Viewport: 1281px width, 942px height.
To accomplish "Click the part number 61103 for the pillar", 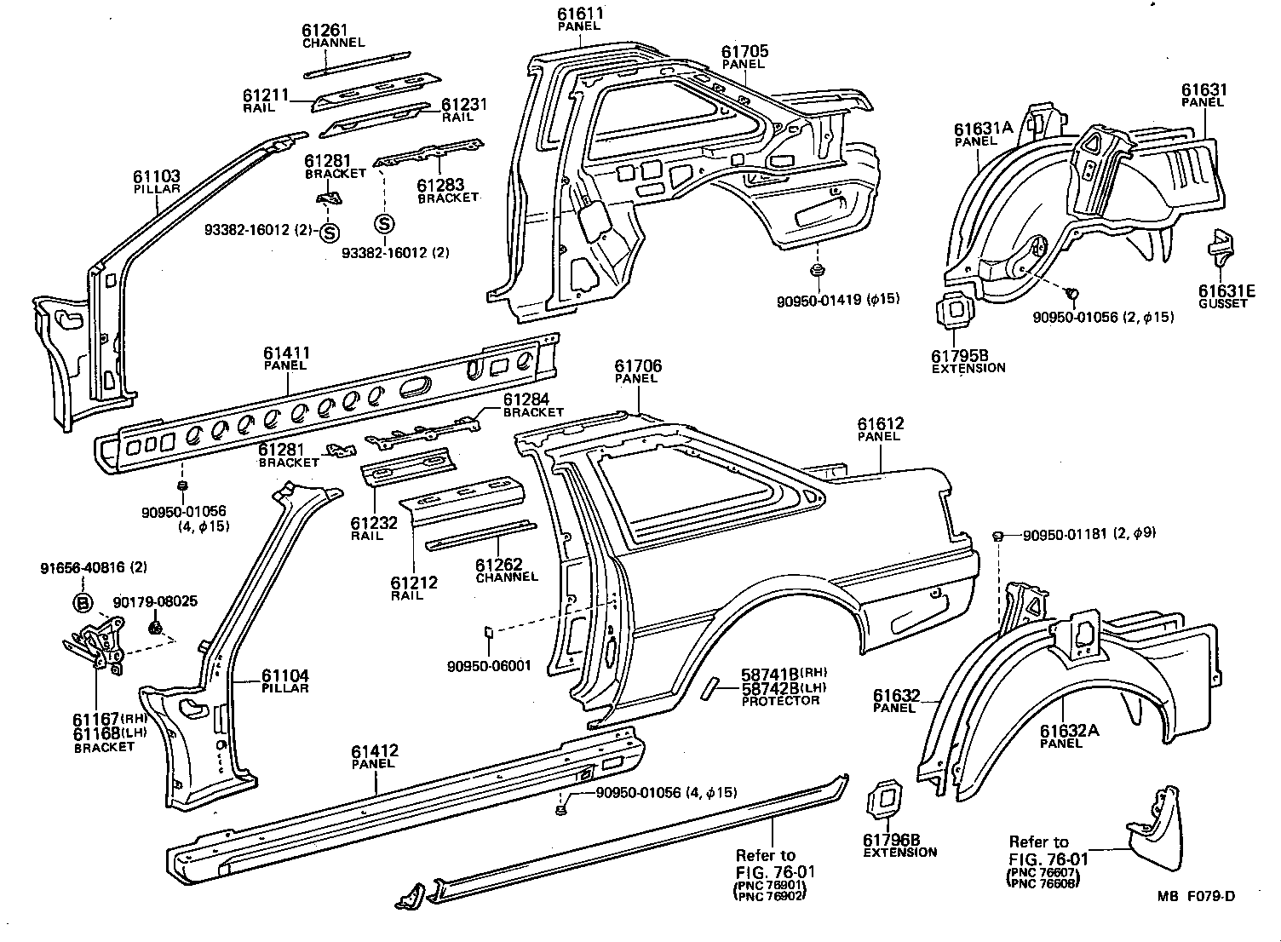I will (156, 177).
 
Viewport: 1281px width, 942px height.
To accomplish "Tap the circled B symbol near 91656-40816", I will (83, 603).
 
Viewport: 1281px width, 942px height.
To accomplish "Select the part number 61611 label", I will (580, 14).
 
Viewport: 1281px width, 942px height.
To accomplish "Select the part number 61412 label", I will (374, 751).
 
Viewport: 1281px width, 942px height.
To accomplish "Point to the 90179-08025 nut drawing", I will (156, 629).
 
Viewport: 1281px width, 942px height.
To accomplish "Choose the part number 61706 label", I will (638, 366).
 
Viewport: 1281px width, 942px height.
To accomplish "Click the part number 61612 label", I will (880, 424).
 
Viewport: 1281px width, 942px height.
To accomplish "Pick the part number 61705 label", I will (744, 52).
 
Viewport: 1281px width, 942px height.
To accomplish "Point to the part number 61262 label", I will (498, 564).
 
